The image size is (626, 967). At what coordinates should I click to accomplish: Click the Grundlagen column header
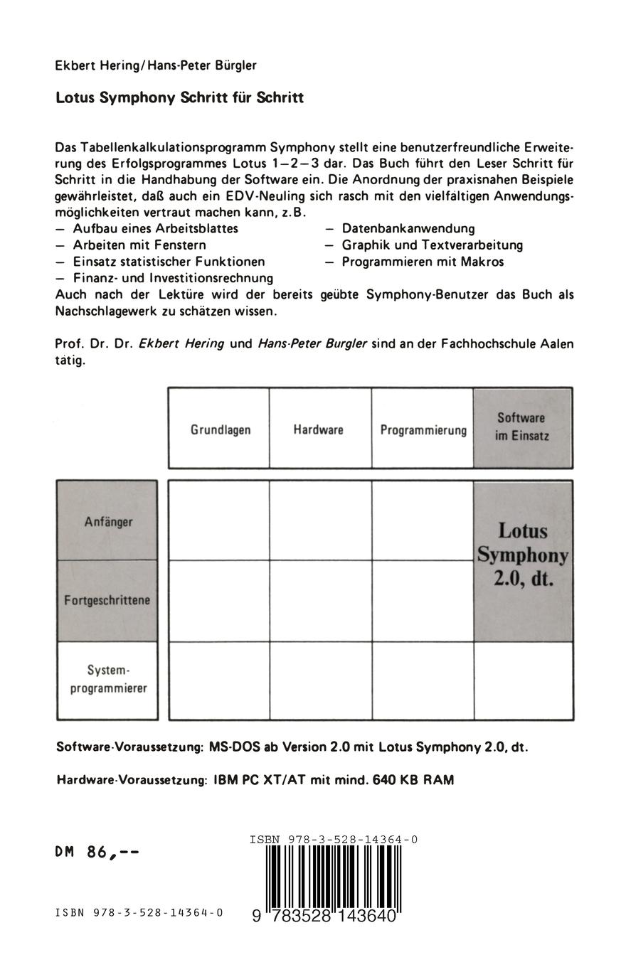tap(220, 429)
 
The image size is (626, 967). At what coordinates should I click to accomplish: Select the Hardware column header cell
tap(319, 429)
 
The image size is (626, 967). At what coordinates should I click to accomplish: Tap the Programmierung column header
tap(423, 429)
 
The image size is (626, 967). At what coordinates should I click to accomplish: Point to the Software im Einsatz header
tap(522, 427)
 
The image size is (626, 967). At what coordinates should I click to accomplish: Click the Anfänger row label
tap(108, 521)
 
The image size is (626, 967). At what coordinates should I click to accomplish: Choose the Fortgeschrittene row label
tap(107, 600)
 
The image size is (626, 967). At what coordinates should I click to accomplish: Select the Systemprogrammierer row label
tap(108, 679)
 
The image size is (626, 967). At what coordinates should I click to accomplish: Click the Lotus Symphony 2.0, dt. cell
tap(523, 555)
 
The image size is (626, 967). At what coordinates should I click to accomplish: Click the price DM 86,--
tap(97, 852)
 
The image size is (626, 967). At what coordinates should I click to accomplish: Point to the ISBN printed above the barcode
tap(334, 839)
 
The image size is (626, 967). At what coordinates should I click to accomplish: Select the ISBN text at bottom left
tap(139, 912)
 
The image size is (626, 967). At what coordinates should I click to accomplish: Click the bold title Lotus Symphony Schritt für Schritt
tap(180, 98)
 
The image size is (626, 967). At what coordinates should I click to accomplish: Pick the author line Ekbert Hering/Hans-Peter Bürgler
tap(156, 65)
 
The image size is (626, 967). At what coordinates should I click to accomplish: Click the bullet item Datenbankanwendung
tap(408, 228)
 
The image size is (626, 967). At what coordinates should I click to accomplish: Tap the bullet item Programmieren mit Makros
tap(423, 262)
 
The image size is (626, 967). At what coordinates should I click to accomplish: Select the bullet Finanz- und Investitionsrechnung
tap(173, 278)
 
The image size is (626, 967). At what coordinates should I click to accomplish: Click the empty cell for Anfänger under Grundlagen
tap(219, 520)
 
